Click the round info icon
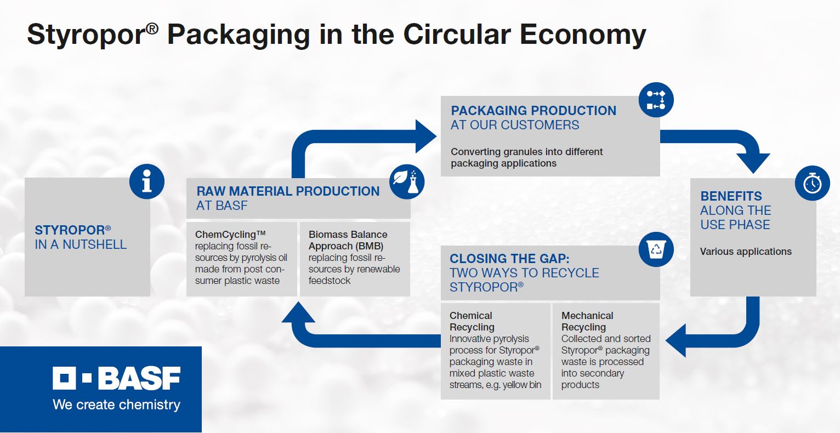(x=146, y=181)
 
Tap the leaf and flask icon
(x=407, y=182)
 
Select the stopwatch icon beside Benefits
(x=812, y=183)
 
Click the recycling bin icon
(x=656, y=249)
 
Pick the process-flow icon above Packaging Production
(x=656, y=100)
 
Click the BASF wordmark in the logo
(x=139, y=378)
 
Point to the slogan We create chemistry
(x=117, y=405)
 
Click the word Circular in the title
(x=457, y=35)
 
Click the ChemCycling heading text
(x=230, y=235)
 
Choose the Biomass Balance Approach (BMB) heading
(x=348, y=240)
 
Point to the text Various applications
(x=746, y=252)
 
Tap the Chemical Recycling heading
(x=472, y=321)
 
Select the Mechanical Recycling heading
(x=587, y=321)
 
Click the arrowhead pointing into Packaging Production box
(x=425, y=136)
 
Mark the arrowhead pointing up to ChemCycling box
(x=298, y=313)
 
